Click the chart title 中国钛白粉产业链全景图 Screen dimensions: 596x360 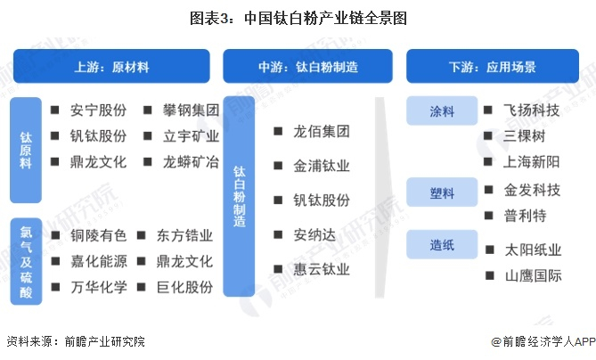coord(298,18)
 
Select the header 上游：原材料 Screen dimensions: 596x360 coord(111,67)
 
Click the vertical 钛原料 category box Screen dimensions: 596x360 coord(26,150)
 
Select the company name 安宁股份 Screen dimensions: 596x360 coord(98,111)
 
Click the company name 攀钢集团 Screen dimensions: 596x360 coord(191,111)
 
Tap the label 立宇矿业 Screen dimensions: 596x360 coord(191,137)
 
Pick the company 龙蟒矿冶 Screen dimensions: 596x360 coord(191,162)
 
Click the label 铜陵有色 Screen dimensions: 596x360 coord(98,236)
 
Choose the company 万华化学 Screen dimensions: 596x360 coord(98,287)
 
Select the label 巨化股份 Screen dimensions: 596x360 coord(185,287)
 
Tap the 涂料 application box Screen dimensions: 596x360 coord(443,111)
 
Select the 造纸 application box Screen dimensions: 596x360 coord(443,244)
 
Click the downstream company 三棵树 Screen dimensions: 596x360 coord(525,136)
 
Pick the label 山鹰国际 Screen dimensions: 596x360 coord(533,275)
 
